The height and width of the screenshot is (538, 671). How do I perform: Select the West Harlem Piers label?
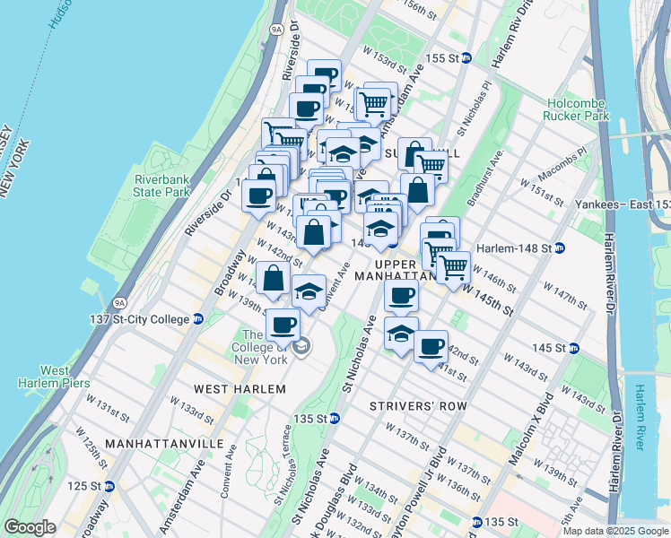(x=55, y=377)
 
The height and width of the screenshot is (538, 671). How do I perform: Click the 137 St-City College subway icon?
(x=198, y=319)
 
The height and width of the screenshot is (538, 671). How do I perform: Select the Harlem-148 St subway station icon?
(x=559, y=248)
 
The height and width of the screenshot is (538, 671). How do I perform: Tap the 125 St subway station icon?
(x=109, y=486)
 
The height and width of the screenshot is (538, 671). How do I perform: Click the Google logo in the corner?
(x=30, y=527)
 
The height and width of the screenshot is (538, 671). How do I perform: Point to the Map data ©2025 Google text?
(x=614, y=531)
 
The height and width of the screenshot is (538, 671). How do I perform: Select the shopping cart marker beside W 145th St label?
(x=453, y=265)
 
